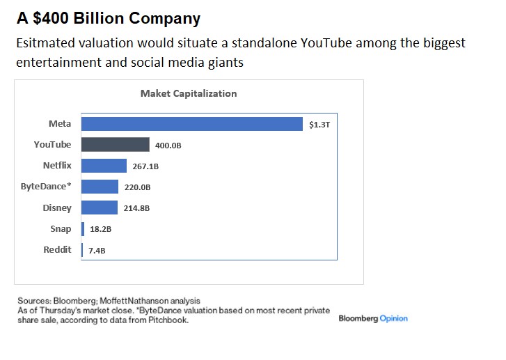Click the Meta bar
pyautogui.click(x=191, y=124)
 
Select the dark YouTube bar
pyautogui.click(x=116, y=145)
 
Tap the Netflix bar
pyautogui.click(x=104, y=166)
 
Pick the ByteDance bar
pyautogui.click(x=100, y=187)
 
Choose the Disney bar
pyautogui.click(x=100, y=208)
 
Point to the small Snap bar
pyautogui.click(x=83, y=228)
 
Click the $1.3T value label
pyautogui.click(x=319, y=125)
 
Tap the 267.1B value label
pyautogui.click(x=145, y=167)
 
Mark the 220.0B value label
pyautogui.click(x=137, y=188)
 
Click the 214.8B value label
pyautogui.click(x=136, y=208)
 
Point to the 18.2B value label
pyautogui.click(x=101, y=229)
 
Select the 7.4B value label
pyautogui.click(x=97, y=251)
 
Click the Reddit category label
pyautogui.click(x=57, y=249)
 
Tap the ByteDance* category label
pyautogui.click(x=46, y=187)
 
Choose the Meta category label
pyautogui.click(x=60, y=124)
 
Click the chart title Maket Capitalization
pyautogui.click(x=189, y=93)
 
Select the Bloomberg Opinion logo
pyautogui.click(x=373, y=318)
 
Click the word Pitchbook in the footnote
pyautogui.click(x=171, y=321)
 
